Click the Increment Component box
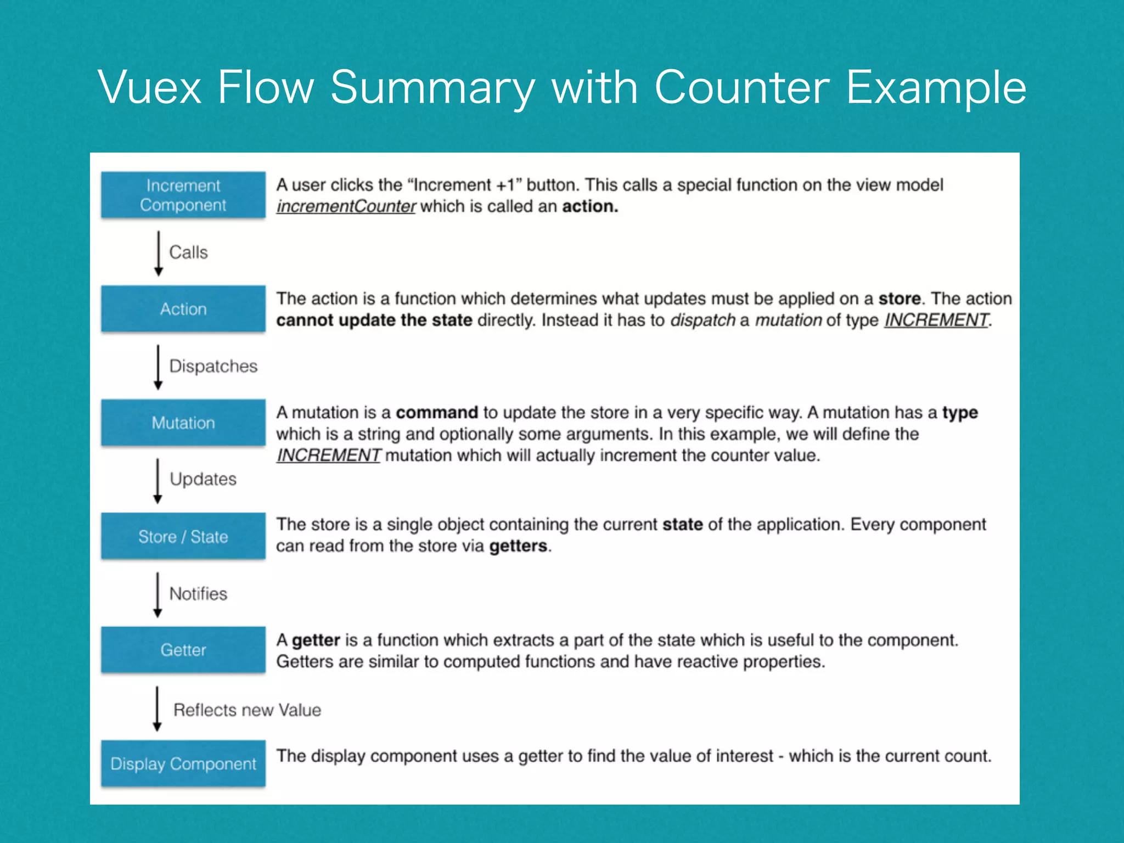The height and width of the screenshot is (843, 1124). point(183,195)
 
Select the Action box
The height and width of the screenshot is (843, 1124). point(183,309)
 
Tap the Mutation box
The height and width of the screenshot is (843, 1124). point(183,423)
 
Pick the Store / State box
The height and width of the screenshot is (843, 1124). point(183,536)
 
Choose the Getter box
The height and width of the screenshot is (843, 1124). point(183,650)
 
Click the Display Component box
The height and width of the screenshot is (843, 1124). point(183,763)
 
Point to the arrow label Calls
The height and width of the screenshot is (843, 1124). point(188,252)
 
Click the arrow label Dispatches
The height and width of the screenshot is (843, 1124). point(213,366)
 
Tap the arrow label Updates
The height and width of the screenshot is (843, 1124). point(203,479)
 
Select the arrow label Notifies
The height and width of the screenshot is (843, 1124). point(198,594)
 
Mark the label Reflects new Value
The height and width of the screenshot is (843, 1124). point(247,710)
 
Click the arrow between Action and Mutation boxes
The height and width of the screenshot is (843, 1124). point(158,367)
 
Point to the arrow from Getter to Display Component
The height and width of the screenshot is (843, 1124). point(157,709)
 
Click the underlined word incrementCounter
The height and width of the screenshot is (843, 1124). point(346,206)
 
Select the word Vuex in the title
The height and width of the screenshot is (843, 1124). point(150,87)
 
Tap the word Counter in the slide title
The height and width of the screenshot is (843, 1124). point(741,87)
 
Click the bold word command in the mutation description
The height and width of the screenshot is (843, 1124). point(437,413)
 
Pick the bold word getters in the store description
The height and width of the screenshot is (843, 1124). point(518,546)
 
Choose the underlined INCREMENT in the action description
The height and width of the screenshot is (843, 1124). point(936,320)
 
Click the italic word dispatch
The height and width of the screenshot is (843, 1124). point(702,320)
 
